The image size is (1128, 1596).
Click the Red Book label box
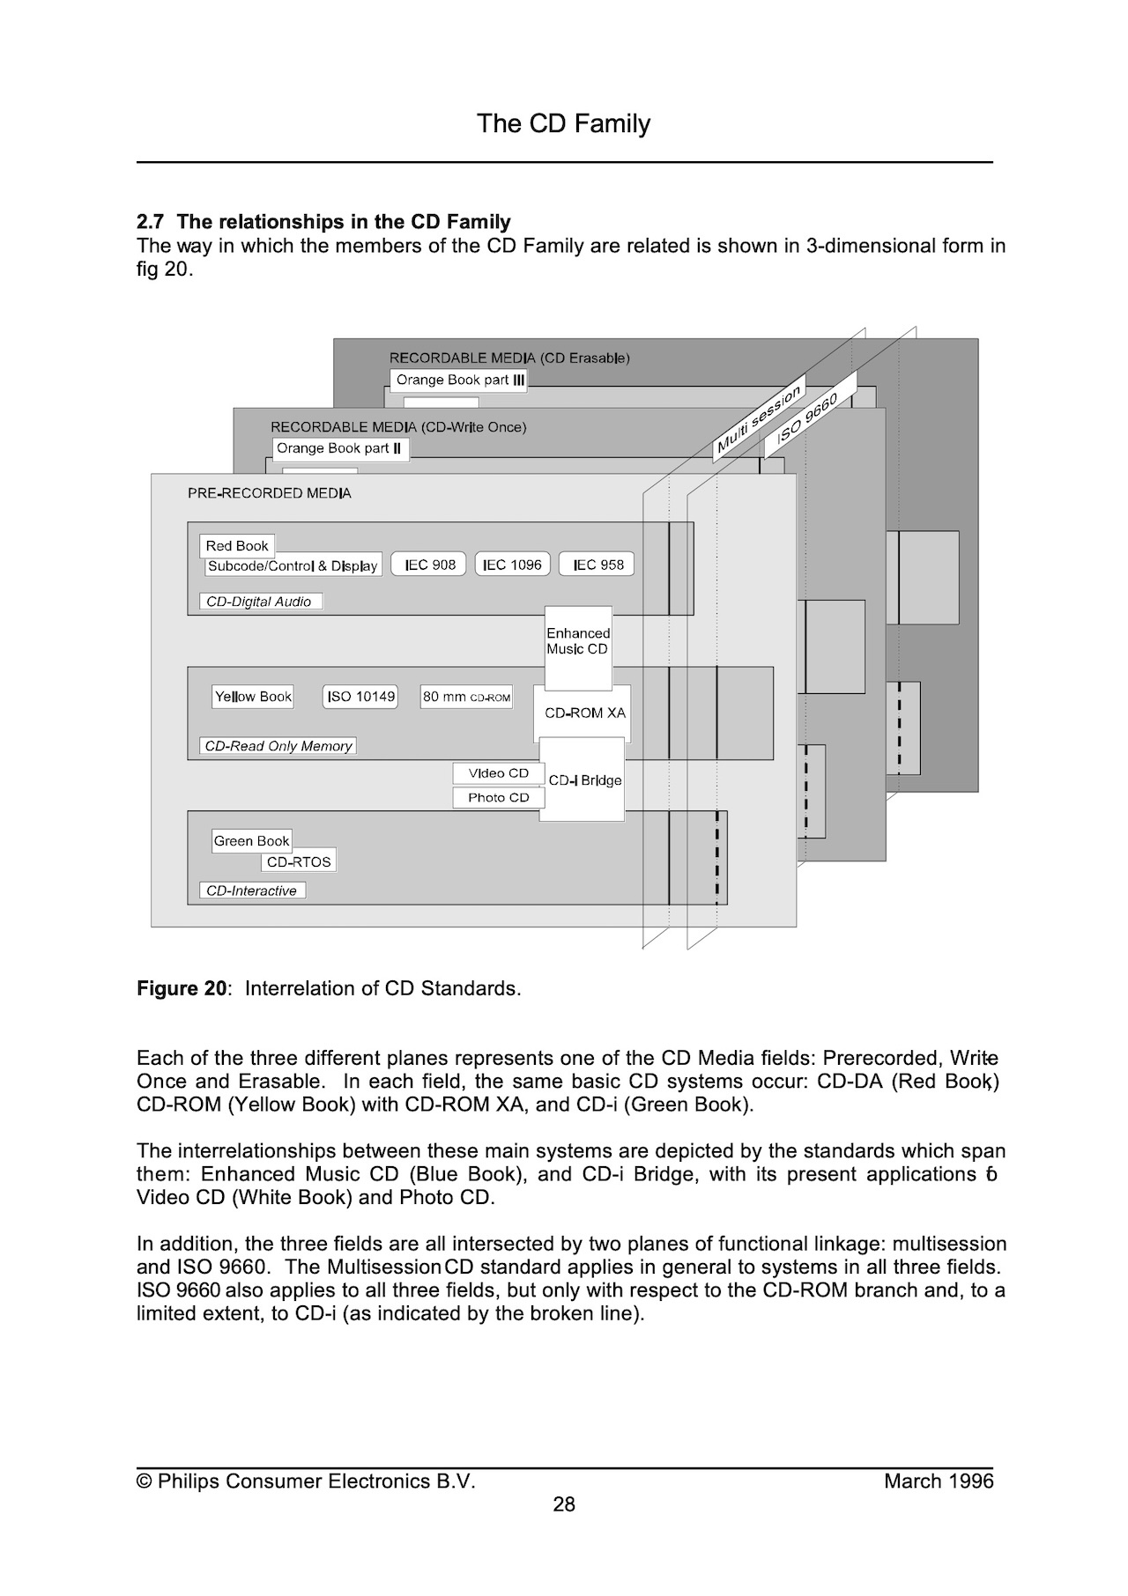tap(237, 545)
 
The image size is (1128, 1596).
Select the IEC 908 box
tap(430, 565)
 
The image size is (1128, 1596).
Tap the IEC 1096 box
tap(513, 565)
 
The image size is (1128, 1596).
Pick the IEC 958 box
tap(597, 565)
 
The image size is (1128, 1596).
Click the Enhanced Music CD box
tap(578, 648)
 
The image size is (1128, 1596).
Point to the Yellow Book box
tap(253, 697)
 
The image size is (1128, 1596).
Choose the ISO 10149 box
tap(360, 697)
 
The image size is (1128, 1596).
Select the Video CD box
tap(499, 773)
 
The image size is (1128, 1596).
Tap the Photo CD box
tap(499, 798)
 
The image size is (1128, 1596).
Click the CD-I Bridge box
tap(583, 780)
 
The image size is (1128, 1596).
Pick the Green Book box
tap(252, 841)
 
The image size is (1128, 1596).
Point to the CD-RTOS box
tap(299, 861)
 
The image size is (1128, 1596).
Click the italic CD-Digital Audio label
tap(260, 602)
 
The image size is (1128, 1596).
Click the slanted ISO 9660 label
tap(810, 415)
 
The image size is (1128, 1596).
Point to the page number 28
tap(564, 1504)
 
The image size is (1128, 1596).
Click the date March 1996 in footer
tap(939, 1481)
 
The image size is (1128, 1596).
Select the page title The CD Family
tap(564, 123)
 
